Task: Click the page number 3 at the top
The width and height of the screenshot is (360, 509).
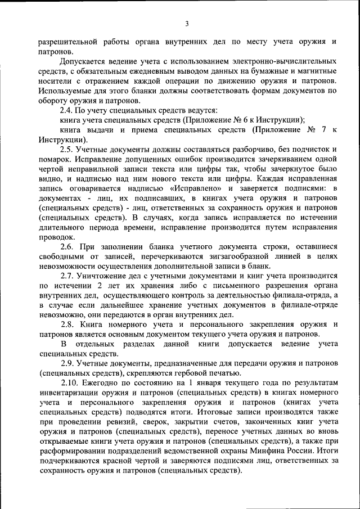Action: tap(186, 23)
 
